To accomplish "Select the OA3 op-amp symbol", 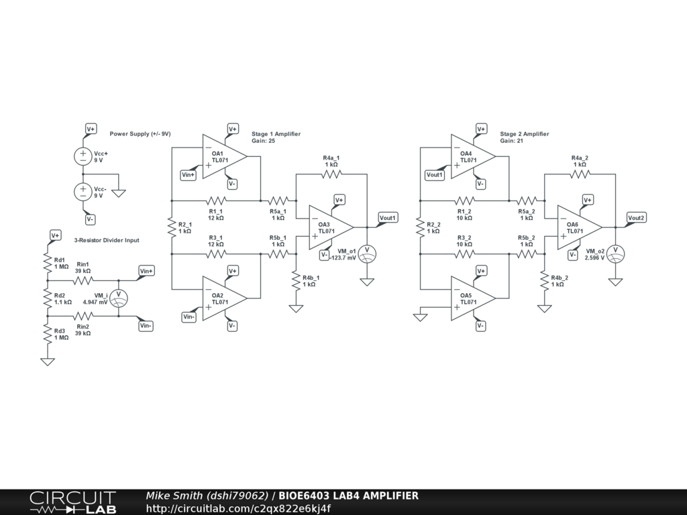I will (329, 227).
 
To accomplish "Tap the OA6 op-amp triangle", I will (577, 227).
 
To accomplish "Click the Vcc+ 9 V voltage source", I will (83, 156).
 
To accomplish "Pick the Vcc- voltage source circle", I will (83, 192).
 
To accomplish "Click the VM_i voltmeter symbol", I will (119, 298).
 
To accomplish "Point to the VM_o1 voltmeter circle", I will (367, 253).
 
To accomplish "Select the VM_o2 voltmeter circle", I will (615, 253).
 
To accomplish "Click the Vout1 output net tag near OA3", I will (388, 218).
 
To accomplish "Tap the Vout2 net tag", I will (636, 218).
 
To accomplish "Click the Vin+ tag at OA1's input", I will (189, 175).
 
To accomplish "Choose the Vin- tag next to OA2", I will (189, 317).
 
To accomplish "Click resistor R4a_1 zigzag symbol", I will (331, 174).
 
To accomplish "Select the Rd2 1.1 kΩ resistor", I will (48, 298).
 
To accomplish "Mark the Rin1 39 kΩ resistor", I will (83, 280).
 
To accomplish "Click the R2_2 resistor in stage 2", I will (421, 227).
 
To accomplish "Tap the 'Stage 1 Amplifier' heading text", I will (276, 134).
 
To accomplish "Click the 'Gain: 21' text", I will (511, 141).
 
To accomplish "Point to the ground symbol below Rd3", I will (48, 361).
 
